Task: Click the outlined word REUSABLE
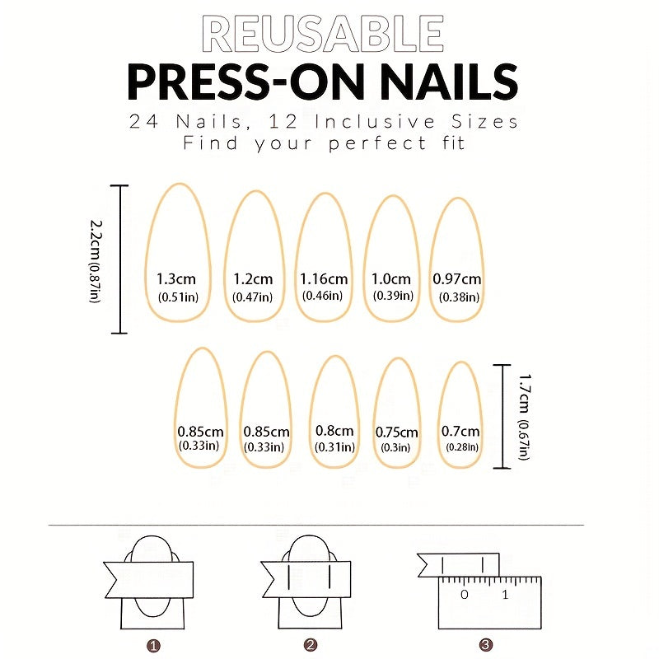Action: pos(323,34)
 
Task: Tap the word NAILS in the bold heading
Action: pos(449,82)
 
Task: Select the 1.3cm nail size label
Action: pos(176,278)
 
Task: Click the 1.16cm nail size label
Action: pos(324,278)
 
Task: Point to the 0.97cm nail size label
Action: pos(457,278)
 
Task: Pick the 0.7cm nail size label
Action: pos(460,431)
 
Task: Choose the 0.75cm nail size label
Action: pos(396,432)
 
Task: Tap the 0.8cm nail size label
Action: pos(334,431)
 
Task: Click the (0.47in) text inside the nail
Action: pos(252,297)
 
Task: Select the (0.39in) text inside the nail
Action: pos(393,296)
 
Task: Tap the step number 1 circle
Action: pos(153,646)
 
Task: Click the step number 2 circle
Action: pos(311,645)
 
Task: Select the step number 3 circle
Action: pos(485,645)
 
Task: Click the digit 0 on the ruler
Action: pos(465,595)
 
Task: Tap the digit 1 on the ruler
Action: pos(505,595)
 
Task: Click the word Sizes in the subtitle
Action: pos(484,122)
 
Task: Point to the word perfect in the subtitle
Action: pos(377,143)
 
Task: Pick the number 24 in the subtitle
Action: pos(143,122)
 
